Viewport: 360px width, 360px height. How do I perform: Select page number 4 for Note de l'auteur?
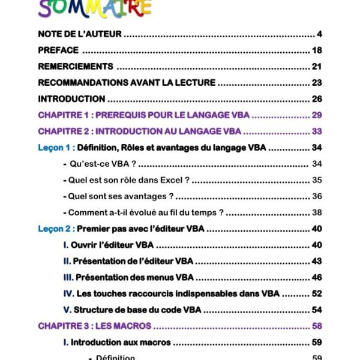point(320,33)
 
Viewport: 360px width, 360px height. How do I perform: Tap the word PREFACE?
point(58,50)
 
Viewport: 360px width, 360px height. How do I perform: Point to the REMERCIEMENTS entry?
point(75,66)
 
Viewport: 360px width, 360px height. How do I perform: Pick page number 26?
point(317,99)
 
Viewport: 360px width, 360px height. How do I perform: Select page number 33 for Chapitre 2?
point(317,131)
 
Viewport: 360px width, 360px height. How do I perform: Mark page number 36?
point(317,196)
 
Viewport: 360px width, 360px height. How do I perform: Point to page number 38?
point(317,212)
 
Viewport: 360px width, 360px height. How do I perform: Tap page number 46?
point(317,277)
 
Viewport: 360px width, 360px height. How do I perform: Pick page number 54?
point(317,310)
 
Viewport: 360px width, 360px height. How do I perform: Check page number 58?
point(317,326)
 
